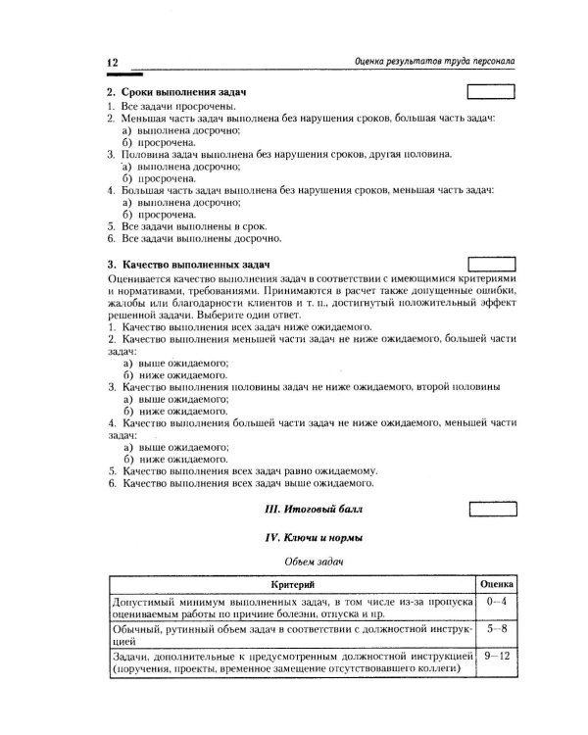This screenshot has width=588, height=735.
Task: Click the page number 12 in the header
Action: (112, 62)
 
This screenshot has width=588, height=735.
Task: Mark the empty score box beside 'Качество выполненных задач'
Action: (494, 266)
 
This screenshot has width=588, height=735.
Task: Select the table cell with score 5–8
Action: (497, 626)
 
